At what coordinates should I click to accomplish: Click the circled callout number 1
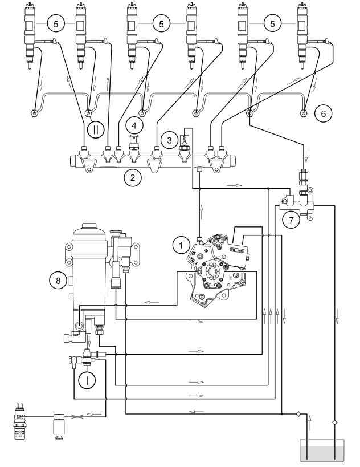[181, 245]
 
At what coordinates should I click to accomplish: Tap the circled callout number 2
[132, 177]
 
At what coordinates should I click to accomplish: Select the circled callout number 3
[169, 140]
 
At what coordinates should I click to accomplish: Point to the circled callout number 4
[134, 125]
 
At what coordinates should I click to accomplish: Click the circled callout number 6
[324, 113]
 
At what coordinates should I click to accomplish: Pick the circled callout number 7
[291, 220]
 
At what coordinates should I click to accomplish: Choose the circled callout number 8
[58, 281]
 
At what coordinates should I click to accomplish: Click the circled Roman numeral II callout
[96, 130]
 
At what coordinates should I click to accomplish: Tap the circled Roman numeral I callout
[87, 380]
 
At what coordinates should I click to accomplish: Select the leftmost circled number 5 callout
[56, 24]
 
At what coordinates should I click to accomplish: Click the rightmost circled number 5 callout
[272, 24]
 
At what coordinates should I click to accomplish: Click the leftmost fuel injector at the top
[30, 36]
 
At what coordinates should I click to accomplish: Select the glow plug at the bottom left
[20, 421]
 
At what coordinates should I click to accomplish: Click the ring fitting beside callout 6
[304, 113]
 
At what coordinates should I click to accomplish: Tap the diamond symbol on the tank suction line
[298, 414]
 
